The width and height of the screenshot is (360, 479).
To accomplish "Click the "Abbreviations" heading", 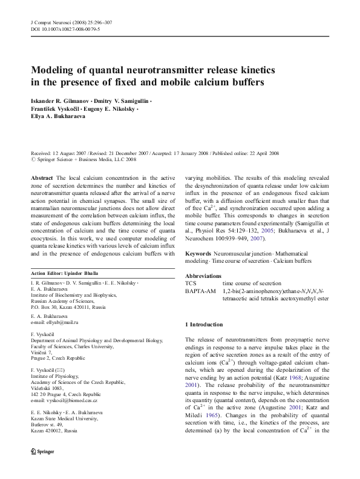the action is point(203,275).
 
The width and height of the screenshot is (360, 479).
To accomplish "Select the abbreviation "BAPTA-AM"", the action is point(198,291).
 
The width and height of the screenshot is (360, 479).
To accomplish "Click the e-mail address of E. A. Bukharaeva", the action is point(56,323).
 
